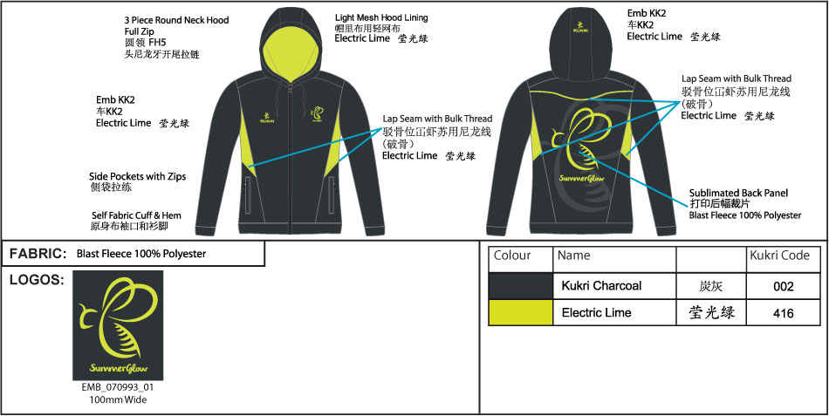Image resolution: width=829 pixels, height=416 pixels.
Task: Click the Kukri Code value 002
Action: [x=783, y=286]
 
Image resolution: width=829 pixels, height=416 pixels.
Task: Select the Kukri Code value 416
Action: [x=783, y=313]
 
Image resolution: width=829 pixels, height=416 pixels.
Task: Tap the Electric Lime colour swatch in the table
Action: [x=520, y=312]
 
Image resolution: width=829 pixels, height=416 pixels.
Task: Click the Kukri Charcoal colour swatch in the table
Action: [x=520, y=286]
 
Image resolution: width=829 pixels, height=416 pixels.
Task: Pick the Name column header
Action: [x=573, y=256]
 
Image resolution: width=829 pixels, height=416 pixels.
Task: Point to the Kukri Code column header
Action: [x=780, y=256]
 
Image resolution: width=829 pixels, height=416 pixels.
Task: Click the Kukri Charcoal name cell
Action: [x=601, y=286]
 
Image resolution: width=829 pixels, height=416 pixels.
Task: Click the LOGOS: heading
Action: [x=36, y=280]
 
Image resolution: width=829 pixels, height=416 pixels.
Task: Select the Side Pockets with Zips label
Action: [x=138, y=176]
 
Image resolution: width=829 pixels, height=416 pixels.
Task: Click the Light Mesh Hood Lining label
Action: [x=381, y=17]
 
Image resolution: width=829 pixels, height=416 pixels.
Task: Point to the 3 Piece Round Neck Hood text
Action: [x=176, y=19]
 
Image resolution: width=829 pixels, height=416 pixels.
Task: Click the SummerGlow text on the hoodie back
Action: [x=576, y=177]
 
